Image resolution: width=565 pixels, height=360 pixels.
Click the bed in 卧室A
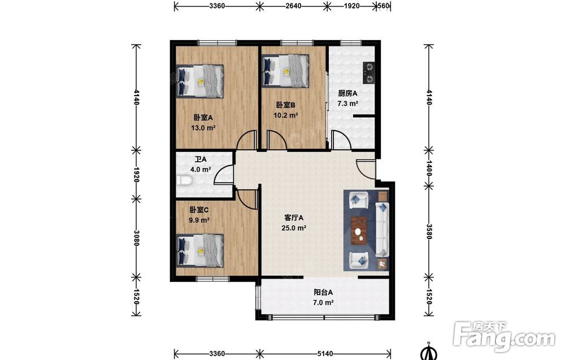[x=200, y=81]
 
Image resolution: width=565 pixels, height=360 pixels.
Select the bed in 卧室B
[x=285, y=71]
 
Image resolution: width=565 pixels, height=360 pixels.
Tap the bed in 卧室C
[x=200, y=250]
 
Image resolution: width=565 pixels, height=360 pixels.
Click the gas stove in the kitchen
[x=368, y=73]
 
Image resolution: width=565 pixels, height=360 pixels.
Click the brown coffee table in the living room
[x=359, y=230]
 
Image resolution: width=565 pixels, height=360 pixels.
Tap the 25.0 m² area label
[x=294, y=228]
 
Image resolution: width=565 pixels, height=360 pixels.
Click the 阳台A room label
[x=323, y=292]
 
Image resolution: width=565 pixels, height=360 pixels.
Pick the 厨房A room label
[x=347, y=93]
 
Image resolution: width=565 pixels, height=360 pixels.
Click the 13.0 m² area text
[x=203, y=128]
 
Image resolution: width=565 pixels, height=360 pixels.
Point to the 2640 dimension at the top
[x=293, y=6]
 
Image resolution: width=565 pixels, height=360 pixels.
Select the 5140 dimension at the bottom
[x=325, y=354]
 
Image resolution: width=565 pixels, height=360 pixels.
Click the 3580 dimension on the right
[x=429, y=231]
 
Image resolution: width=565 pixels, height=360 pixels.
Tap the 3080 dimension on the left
[x=136, y=238]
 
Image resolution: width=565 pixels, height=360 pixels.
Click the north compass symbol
[x=429, y=352]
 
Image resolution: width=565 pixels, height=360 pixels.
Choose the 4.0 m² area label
[x=201, y=170]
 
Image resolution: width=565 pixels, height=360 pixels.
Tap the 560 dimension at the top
[x=384, y=6]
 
